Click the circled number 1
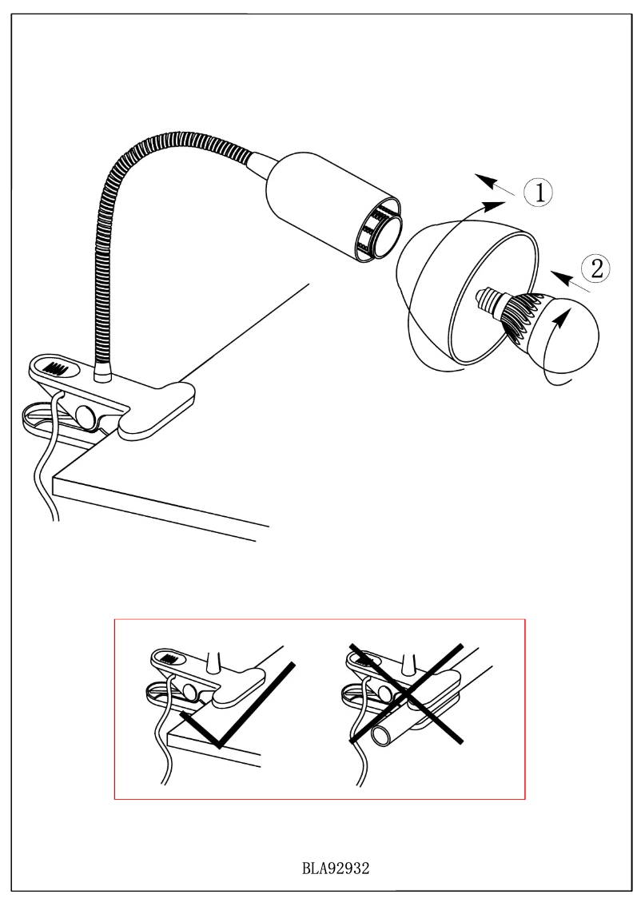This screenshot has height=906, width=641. coord(541,193)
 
